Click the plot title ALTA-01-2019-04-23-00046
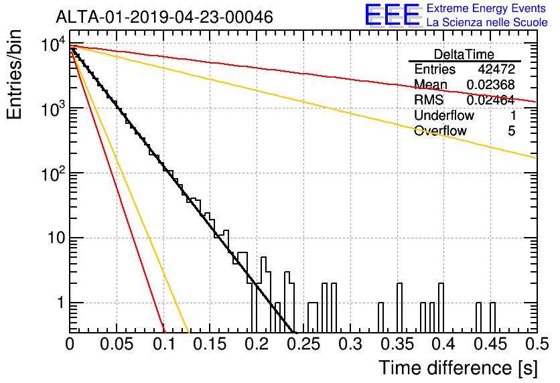[164, 17]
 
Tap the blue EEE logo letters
[392, 15]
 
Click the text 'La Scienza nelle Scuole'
[487, 22]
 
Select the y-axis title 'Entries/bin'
[14, 74]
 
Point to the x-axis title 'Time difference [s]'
[458, 368]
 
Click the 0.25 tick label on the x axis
[303, 343]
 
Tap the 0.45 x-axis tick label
[490, 343]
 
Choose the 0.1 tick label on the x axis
[164, 343]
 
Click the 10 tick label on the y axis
[57, 238]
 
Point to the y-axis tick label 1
[60, 303]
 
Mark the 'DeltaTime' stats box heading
[464, 54]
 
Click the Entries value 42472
[496, 69]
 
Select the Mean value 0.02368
[491, 84]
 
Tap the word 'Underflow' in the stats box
[444, 115]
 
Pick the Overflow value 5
[511, 131]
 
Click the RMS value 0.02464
[491, 100]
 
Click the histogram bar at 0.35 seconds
[399, 308]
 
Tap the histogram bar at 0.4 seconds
[441, 308]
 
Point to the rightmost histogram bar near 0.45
[492, 317]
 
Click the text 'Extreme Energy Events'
[486, 8]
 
